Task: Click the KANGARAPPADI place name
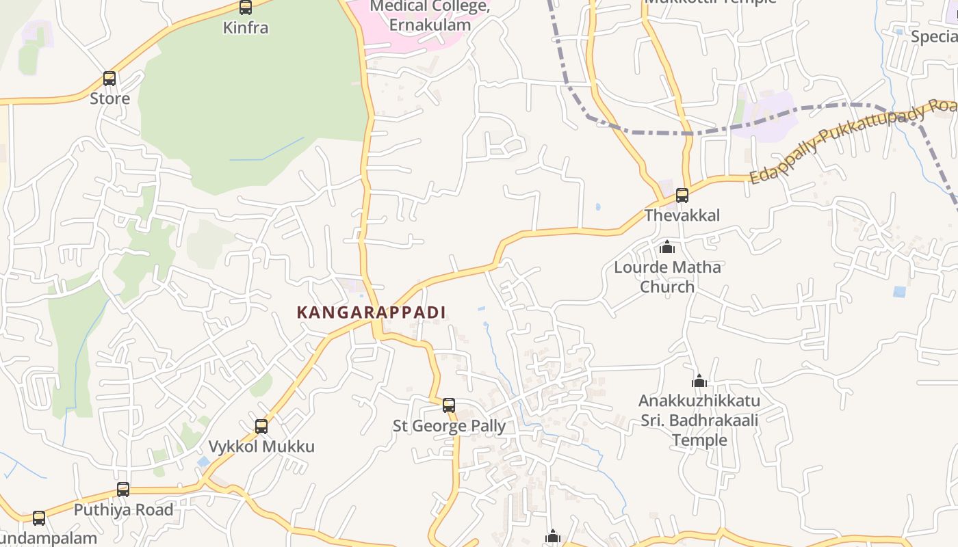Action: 371,312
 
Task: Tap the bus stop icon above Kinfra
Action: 246,8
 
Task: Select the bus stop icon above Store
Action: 109,79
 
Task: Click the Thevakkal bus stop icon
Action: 682,196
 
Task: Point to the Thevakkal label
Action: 682,215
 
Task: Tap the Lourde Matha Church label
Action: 667,276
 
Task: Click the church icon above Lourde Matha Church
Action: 667,247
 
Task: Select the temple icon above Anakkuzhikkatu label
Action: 699,381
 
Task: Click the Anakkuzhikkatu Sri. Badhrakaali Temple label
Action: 699,420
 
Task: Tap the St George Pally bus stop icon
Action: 449,405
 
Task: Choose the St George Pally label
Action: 449,426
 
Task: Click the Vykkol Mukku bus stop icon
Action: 261,427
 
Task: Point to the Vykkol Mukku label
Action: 261,446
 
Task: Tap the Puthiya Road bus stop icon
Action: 123,490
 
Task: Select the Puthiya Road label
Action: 123,510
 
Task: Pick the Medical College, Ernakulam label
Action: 430,16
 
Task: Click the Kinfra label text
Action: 246,28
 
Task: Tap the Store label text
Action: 109,98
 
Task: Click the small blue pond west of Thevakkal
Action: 598,206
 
